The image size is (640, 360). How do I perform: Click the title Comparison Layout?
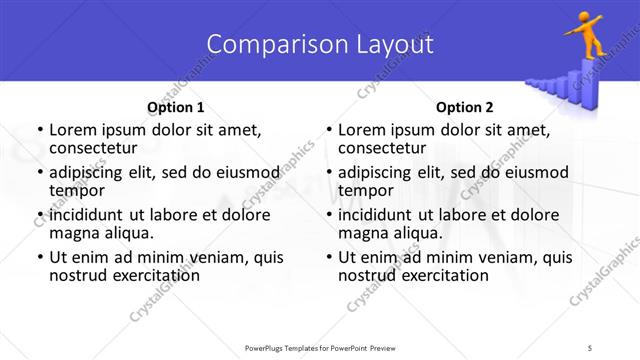pyautogui.click(x=319, y=44)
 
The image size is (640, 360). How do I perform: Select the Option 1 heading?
pyautogui.click(x=175, y=107)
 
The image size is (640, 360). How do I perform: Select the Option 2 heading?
pyautogui.click(x=464, y=107)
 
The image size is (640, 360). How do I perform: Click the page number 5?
pyautogui.click(x=591, y=348)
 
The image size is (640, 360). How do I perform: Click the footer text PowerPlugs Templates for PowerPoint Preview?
pyautogui.click(x=319, y=348)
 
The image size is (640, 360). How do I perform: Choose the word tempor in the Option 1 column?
pyautogui.click(x=76, y=189)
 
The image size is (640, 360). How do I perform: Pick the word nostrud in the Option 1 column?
pyautogui.click(x=79, y=275)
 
